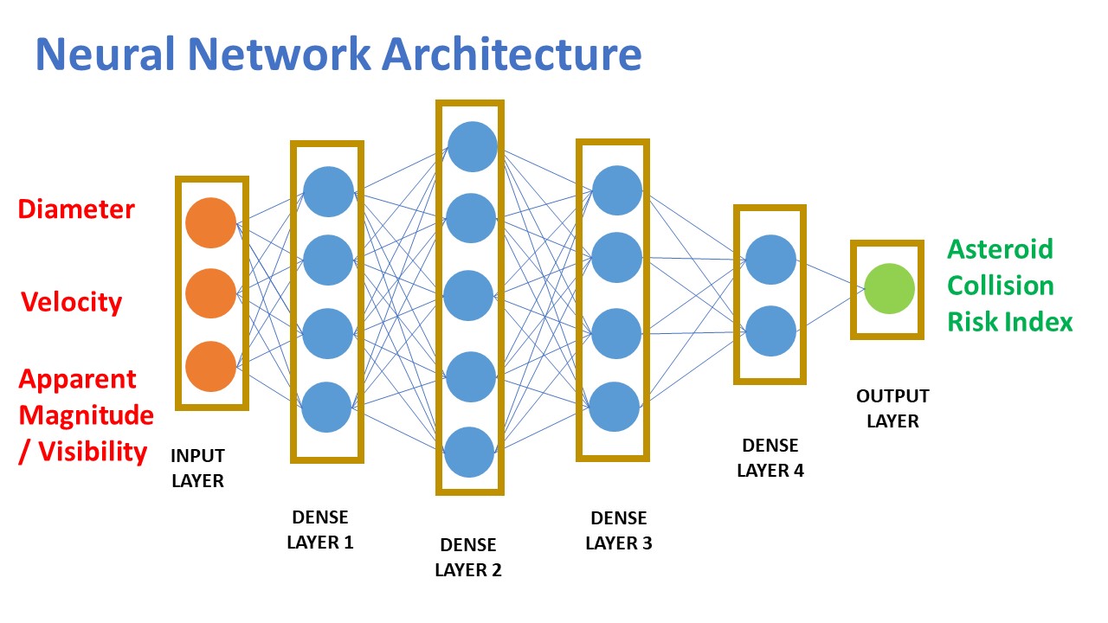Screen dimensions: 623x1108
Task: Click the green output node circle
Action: [x=889, y=288]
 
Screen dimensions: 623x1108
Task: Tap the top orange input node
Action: [x=210, y=223]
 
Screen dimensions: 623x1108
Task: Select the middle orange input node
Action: [x=210, y=293]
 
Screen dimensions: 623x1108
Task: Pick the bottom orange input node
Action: [x=210, y=366]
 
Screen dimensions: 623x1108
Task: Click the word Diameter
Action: [x=76, y=209]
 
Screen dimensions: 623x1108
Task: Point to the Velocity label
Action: [x=72, y=302]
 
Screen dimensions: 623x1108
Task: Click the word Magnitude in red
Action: [x=87, y=415]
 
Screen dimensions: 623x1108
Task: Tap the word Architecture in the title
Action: [x=511, y=54]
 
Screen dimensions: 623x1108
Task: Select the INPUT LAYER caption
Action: [x=197, y=468]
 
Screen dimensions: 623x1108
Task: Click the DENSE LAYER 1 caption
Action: [x=319, y=530]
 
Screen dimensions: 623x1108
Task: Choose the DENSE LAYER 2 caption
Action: [x=468, y=557]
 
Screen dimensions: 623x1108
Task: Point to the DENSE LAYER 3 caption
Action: [x=618, y=530]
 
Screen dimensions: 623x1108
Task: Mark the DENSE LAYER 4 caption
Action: [x=770, y=458]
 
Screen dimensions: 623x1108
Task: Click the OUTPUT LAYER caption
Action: [x=892, y=408]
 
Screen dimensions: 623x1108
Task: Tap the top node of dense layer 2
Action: [x=472, y=146]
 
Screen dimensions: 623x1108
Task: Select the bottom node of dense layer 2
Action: [x=469, y=452]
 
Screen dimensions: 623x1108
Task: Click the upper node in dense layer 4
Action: [x=770, y=260]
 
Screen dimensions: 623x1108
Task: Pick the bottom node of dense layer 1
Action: [x=327, y=407]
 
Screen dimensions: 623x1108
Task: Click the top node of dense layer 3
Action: [x=617, y=190]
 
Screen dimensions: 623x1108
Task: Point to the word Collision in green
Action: [x=1000, y=286]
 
